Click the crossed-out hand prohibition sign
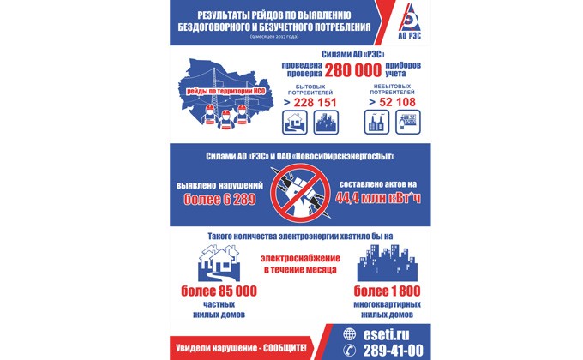coord(293,189)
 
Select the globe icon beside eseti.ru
coord(348,334)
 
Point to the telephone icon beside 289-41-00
coord(348,350)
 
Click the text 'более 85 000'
coord(219,291)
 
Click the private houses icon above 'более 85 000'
coord(219,263)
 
